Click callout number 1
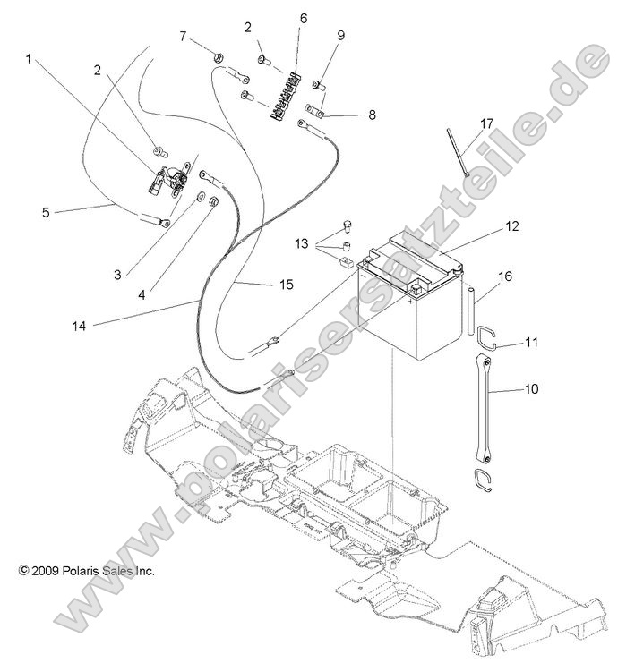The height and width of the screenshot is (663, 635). tap(29, 60)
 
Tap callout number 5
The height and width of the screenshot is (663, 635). tap(46, 212)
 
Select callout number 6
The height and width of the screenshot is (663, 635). tap(303, 18)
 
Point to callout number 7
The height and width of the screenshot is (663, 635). tap(183, 37)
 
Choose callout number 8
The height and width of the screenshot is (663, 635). tap(347, 115)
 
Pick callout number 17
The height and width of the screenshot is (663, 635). tap(486, 123)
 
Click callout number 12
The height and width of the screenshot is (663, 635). tap(511, 227)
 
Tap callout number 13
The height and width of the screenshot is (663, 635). tap(302, 243)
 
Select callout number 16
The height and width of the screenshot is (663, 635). tap(505, 276)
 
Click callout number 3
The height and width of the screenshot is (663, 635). tap(118, 274)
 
